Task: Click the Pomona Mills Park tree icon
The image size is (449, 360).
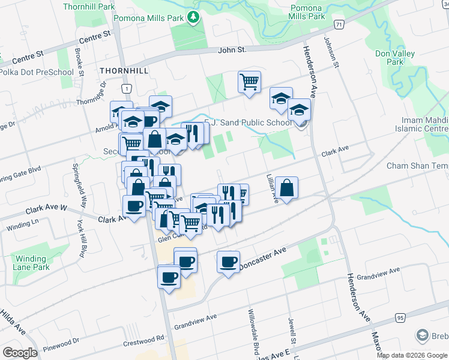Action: [x=193, y=18]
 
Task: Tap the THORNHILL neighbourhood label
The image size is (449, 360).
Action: [x=124, y=71]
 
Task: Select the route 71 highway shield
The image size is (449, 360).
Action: [x=340, y=25]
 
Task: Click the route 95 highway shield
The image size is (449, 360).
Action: [x=400, y=317]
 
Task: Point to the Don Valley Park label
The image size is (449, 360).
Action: [x=394, y=58]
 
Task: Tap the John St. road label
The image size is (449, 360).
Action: [x=232, y=50]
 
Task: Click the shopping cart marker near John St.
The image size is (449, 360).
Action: [x=249, y=82]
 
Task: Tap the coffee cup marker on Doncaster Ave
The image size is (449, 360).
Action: [x=229, y=262]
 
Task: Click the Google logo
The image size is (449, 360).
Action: [x=20, y=353]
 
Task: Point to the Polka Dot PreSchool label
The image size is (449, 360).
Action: [x=37, y=73]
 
